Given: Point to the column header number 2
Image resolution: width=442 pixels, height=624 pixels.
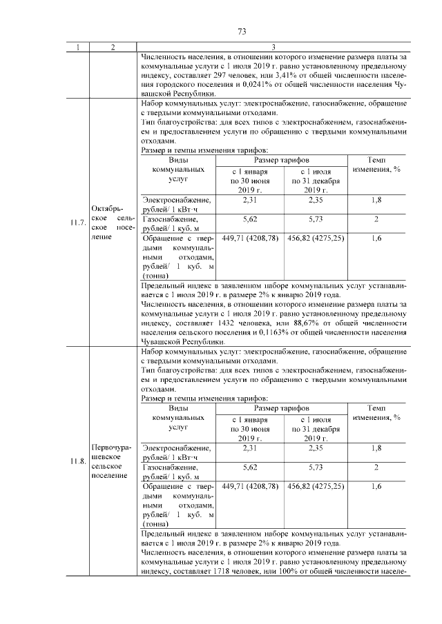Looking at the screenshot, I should tap(112, 48).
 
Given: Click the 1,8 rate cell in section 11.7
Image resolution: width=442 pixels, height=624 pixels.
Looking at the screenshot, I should tap(376, 199).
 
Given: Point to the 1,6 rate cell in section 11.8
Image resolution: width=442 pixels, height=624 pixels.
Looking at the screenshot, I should tap(376, 486).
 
